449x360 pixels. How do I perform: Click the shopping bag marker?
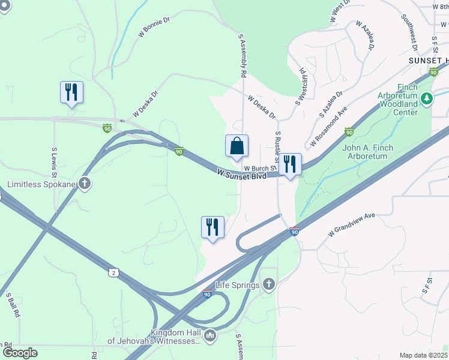(x=237, y=146)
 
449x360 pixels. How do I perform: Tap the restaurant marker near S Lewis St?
(x=71, y=92)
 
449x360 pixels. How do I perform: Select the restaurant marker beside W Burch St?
(x=290, y=164)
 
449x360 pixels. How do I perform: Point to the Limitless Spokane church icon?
(x=85, y=183)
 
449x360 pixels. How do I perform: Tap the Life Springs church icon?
(x=268, y=284)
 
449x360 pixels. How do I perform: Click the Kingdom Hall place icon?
(x=209, y=335)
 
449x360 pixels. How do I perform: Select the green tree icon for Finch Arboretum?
(x=426, y=98)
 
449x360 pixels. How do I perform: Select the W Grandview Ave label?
(x=352, y=224)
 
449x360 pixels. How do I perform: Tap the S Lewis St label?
(x=54, y=162)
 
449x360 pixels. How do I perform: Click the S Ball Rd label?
(x=13, y=304)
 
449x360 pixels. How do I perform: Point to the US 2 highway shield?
(x=113, y=273)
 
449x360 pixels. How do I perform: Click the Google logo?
(x=20, y=353)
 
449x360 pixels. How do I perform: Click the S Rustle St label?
(x=278, y=146)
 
